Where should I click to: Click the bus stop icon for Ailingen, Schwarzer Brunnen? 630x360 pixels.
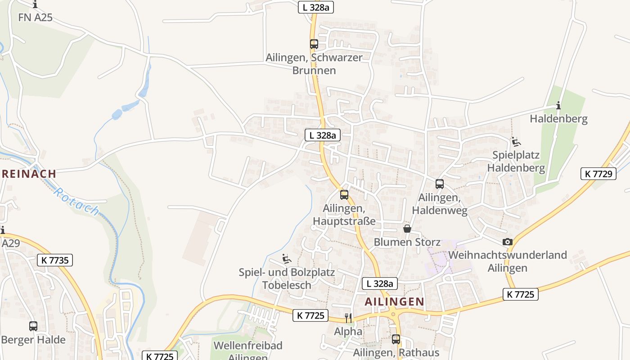314,44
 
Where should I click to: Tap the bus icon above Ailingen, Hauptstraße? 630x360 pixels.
344,195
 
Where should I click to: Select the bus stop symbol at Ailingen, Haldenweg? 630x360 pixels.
440,184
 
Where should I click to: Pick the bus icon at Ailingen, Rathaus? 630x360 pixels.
396,339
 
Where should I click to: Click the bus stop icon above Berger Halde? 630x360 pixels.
33,326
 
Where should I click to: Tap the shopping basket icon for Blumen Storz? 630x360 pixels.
407,229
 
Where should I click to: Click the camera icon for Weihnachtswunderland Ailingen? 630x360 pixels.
508,242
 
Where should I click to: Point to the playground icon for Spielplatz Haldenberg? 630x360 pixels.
516,142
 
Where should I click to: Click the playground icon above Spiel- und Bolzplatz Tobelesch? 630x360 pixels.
286,259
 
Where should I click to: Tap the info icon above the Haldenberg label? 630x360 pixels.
558,106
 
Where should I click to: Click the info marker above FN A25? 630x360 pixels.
35,4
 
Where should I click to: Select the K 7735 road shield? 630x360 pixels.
54,260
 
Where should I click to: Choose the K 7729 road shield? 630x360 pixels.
598,174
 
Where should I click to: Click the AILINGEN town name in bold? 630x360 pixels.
394,301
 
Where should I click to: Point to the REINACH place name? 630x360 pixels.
29,173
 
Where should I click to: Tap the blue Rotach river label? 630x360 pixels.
76,201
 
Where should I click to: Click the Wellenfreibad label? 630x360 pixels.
248,346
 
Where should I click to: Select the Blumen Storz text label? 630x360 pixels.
407,242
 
